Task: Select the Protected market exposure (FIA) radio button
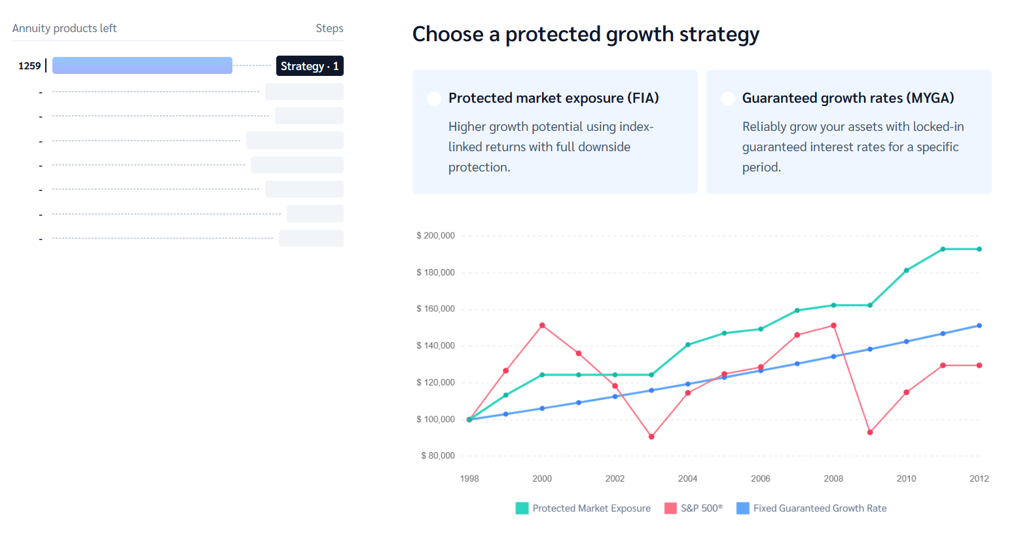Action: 433,99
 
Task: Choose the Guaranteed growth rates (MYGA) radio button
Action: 727,99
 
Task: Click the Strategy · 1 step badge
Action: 310,66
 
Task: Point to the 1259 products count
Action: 29,66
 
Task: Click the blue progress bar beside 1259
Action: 142,65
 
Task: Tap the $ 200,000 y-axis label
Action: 435,236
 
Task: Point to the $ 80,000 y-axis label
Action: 437,456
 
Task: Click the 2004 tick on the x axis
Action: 687,479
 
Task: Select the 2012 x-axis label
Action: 979,479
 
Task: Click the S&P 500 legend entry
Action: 694,508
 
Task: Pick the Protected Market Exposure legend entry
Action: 583,508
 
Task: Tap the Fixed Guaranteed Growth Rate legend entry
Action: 812,508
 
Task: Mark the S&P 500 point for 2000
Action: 542,325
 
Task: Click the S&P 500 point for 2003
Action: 651,436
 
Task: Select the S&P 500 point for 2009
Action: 870,433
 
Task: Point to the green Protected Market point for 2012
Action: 979,249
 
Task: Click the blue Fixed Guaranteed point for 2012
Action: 979,325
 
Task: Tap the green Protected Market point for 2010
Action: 907,270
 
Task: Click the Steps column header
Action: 329,29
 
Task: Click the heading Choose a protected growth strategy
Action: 585,34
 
